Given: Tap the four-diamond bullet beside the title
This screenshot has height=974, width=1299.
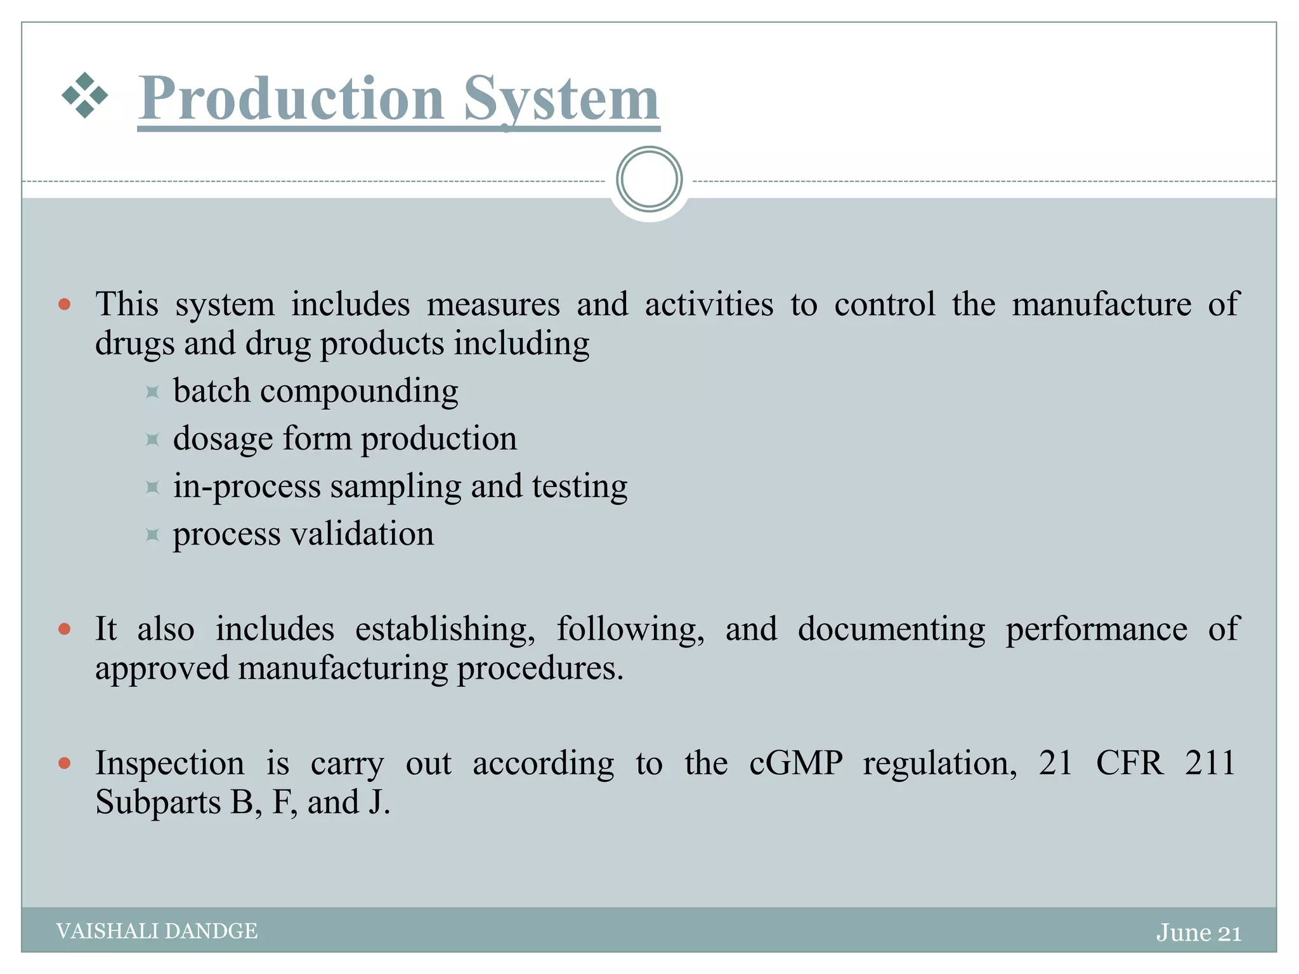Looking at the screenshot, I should coord(84,96).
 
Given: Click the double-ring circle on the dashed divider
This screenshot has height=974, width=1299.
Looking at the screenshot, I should coord(649,179).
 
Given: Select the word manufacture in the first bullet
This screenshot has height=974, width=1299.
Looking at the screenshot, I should coord(1101,304).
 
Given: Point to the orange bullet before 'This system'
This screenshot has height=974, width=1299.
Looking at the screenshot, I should coord(64,304).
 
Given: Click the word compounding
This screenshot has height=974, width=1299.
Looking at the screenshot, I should coord(359,391).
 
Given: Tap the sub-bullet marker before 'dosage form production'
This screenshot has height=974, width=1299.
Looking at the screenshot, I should coord(152,439).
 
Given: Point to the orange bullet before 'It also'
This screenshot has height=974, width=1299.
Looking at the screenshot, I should coord(64,629).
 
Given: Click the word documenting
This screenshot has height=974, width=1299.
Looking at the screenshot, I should coord(891,630).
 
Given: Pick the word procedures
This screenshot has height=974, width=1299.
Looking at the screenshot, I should coord(540,668).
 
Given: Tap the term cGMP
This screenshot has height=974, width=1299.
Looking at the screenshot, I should coord(795,763).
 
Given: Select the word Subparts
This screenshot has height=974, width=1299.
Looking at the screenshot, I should coord(158,803).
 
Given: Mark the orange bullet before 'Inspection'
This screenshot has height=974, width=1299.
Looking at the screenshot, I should coord(64,763).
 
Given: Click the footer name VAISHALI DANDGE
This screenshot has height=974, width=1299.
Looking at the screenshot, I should coord(157,931).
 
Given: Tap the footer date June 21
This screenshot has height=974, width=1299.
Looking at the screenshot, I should coord(1198,933).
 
